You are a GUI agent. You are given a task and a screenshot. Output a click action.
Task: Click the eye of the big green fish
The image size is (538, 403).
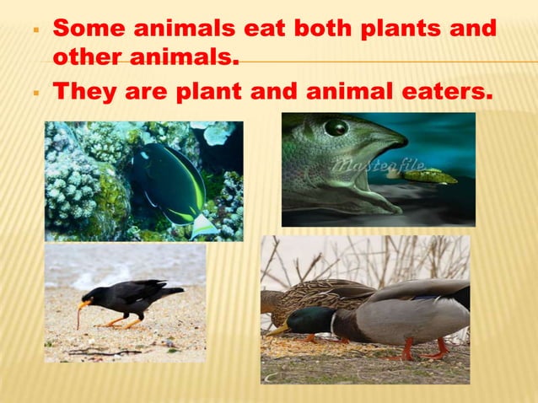pos(336,127)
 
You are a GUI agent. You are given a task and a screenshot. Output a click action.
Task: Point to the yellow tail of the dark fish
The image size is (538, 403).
pos(202,224)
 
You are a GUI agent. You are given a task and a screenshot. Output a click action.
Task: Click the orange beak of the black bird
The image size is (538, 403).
pos(85,302)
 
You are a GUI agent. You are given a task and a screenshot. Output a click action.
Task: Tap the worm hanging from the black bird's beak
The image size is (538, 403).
pos(78,318)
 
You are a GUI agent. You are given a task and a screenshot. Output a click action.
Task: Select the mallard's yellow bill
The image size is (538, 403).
pos(279,330)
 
